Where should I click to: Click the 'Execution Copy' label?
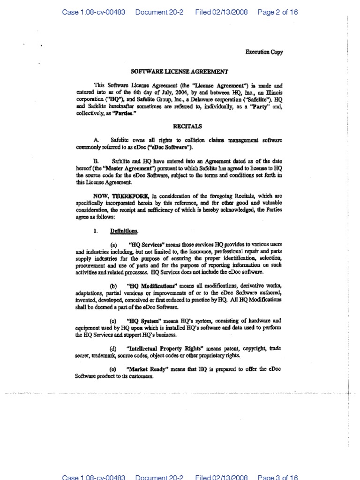click(264, 52)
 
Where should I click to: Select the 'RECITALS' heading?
click(180, 126)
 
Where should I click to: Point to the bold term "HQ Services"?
click(145, 245)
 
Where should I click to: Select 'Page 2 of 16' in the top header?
click(277, 12)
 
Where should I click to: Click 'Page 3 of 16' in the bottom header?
click(277, 477)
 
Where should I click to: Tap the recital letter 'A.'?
click(97, 140)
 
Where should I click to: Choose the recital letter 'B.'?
click(97, 160)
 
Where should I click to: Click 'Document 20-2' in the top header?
click(160, 12)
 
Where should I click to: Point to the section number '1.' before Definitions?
click(96, 231)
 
